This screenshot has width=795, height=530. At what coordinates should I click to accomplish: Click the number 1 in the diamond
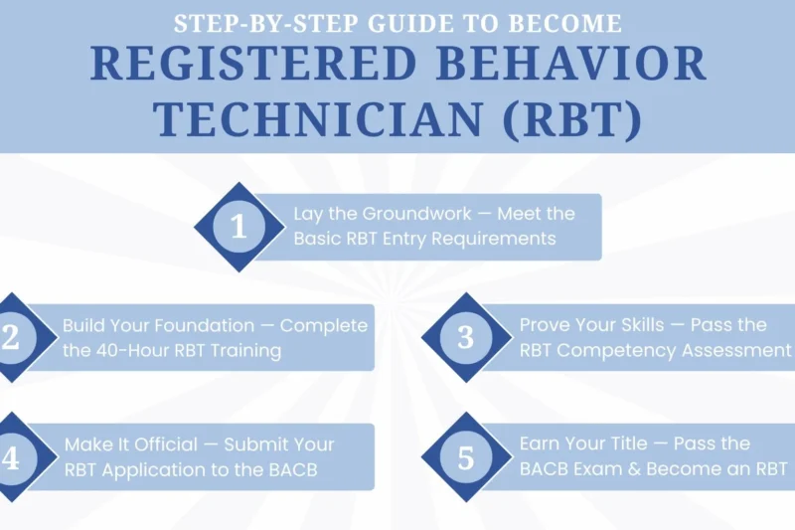click(238, 227)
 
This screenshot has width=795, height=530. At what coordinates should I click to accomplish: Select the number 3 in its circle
click(465, 337)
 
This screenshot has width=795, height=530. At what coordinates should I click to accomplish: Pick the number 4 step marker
click(11, 457)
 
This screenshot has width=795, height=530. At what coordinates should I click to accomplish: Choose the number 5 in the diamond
click(465, 457)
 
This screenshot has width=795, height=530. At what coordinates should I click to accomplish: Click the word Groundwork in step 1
click(402, 214)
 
